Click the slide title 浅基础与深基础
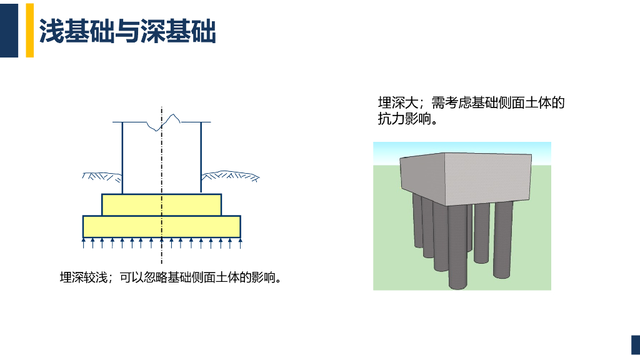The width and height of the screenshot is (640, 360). click(127, 31)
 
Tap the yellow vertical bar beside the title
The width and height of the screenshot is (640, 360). click(29, 30)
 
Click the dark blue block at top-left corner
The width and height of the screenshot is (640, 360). click(9, 30)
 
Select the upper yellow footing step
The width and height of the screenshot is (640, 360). click(161, 204)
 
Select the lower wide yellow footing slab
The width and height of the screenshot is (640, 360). click(161, 226)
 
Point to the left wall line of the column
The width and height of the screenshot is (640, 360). click(122, 156)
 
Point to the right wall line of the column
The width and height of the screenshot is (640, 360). click(201, 156)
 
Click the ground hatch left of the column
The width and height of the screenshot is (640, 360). click(101, 176)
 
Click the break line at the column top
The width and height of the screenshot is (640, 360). click(164, 122)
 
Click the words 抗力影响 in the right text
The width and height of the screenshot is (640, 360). click(412, 119)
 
